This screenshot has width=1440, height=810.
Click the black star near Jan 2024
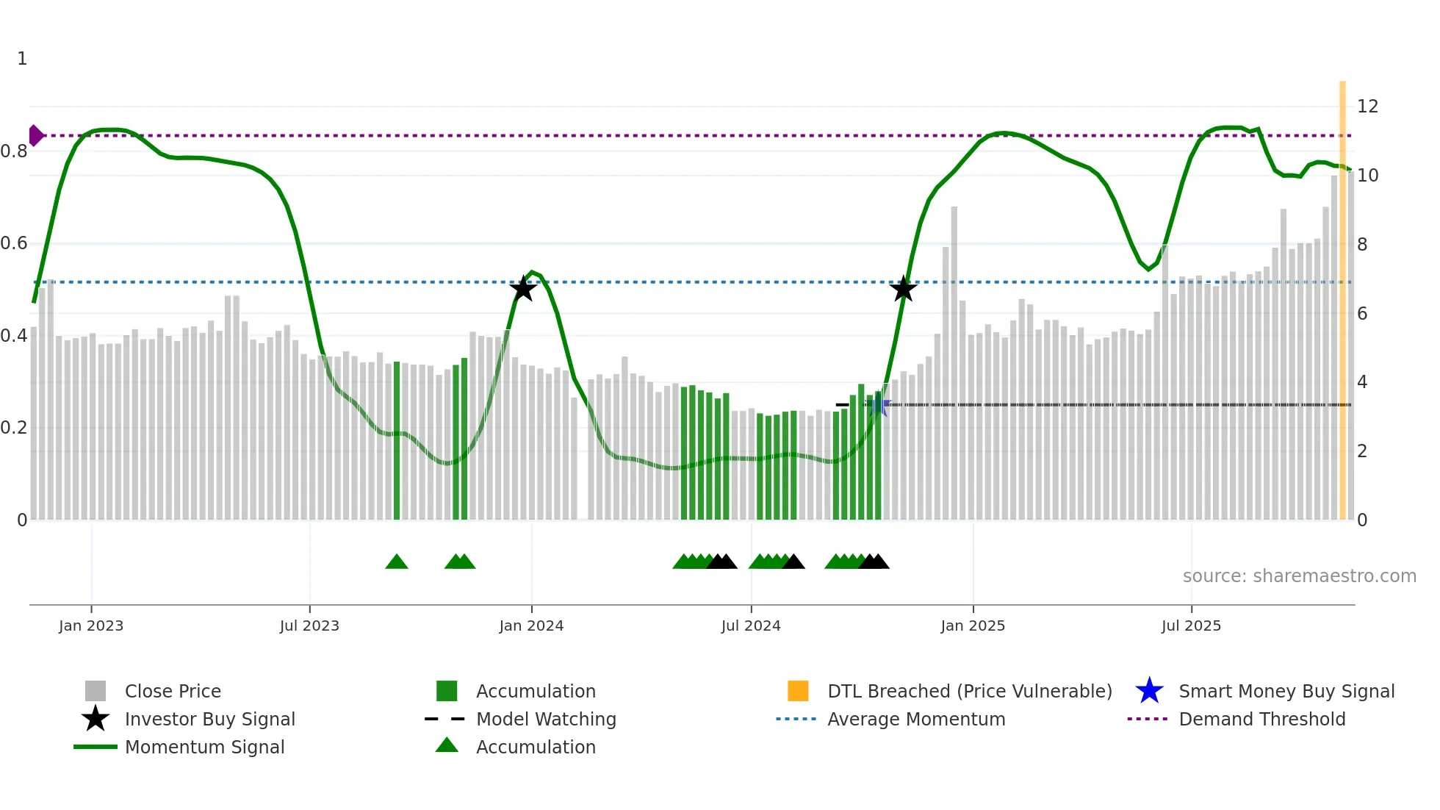[x=523, y=289]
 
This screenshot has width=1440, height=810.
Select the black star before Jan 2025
[x=904, y=289]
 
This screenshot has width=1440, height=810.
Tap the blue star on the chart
[x=879, y=405]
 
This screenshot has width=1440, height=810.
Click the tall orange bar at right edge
[x=1342, y=294]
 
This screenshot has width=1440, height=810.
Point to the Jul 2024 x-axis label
[x=751, y=626]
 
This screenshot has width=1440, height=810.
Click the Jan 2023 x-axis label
[x=91, y=626]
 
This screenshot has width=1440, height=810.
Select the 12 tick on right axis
[x=1367, y=107]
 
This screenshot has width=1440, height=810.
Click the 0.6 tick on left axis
[x=15, y=243]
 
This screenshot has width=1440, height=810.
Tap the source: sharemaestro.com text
[x=1299, y=576]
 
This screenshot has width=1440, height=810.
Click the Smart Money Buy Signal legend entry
[x=1286, y=692]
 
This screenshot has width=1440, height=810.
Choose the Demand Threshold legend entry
[x=1261, y=720]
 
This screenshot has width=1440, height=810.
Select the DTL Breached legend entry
[x=969, y=692]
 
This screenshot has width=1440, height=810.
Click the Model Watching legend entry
[x=545, y=720]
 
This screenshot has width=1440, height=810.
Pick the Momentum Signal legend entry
[x=204, y=748]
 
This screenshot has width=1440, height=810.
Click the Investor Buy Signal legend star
[x=96, y=719]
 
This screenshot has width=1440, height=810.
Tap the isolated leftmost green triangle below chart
[x=397, y=562]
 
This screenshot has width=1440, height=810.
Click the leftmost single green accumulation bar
[x=397, y=441]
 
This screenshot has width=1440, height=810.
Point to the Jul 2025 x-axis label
[x=1191, y=626]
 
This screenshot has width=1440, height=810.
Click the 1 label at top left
[x=22, y=59]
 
